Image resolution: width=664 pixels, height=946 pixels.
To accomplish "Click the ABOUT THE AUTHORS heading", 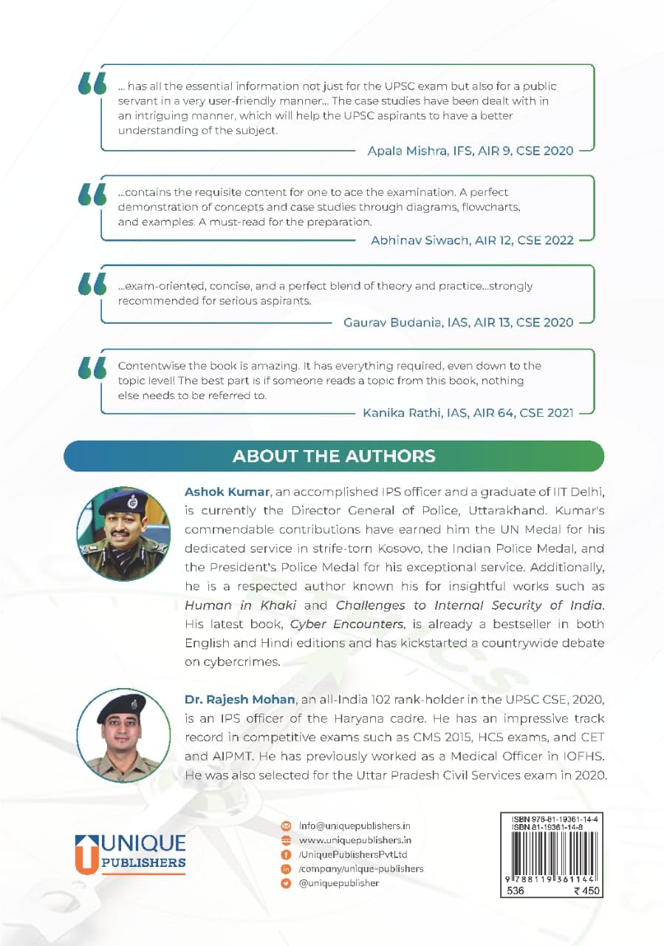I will coord(334,455).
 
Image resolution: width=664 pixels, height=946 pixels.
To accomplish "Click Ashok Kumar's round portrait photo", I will coord(123,534).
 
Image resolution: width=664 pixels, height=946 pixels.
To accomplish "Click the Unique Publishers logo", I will coord(130,852).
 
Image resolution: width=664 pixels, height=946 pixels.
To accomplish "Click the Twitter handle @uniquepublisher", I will coord(338,882).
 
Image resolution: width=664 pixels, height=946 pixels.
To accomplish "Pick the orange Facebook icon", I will coord(287,854).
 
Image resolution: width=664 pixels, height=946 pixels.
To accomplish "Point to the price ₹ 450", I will coord(588,892).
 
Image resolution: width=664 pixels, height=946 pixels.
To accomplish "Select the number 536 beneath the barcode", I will coord(518,892).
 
